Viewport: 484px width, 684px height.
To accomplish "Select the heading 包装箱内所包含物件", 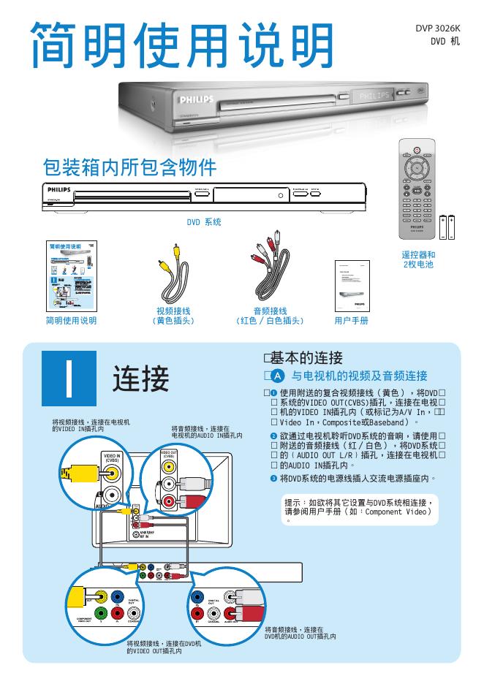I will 131,168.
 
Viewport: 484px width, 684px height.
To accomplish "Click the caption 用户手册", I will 351,320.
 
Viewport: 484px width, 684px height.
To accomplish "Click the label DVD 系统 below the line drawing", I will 204,221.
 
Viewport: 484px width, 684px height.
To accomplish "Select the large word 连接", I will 141,379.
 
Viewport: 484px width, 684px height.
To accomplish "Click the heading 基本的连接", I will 306,358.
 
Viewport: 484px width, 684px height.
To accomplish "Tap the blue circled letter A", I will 277,376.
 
